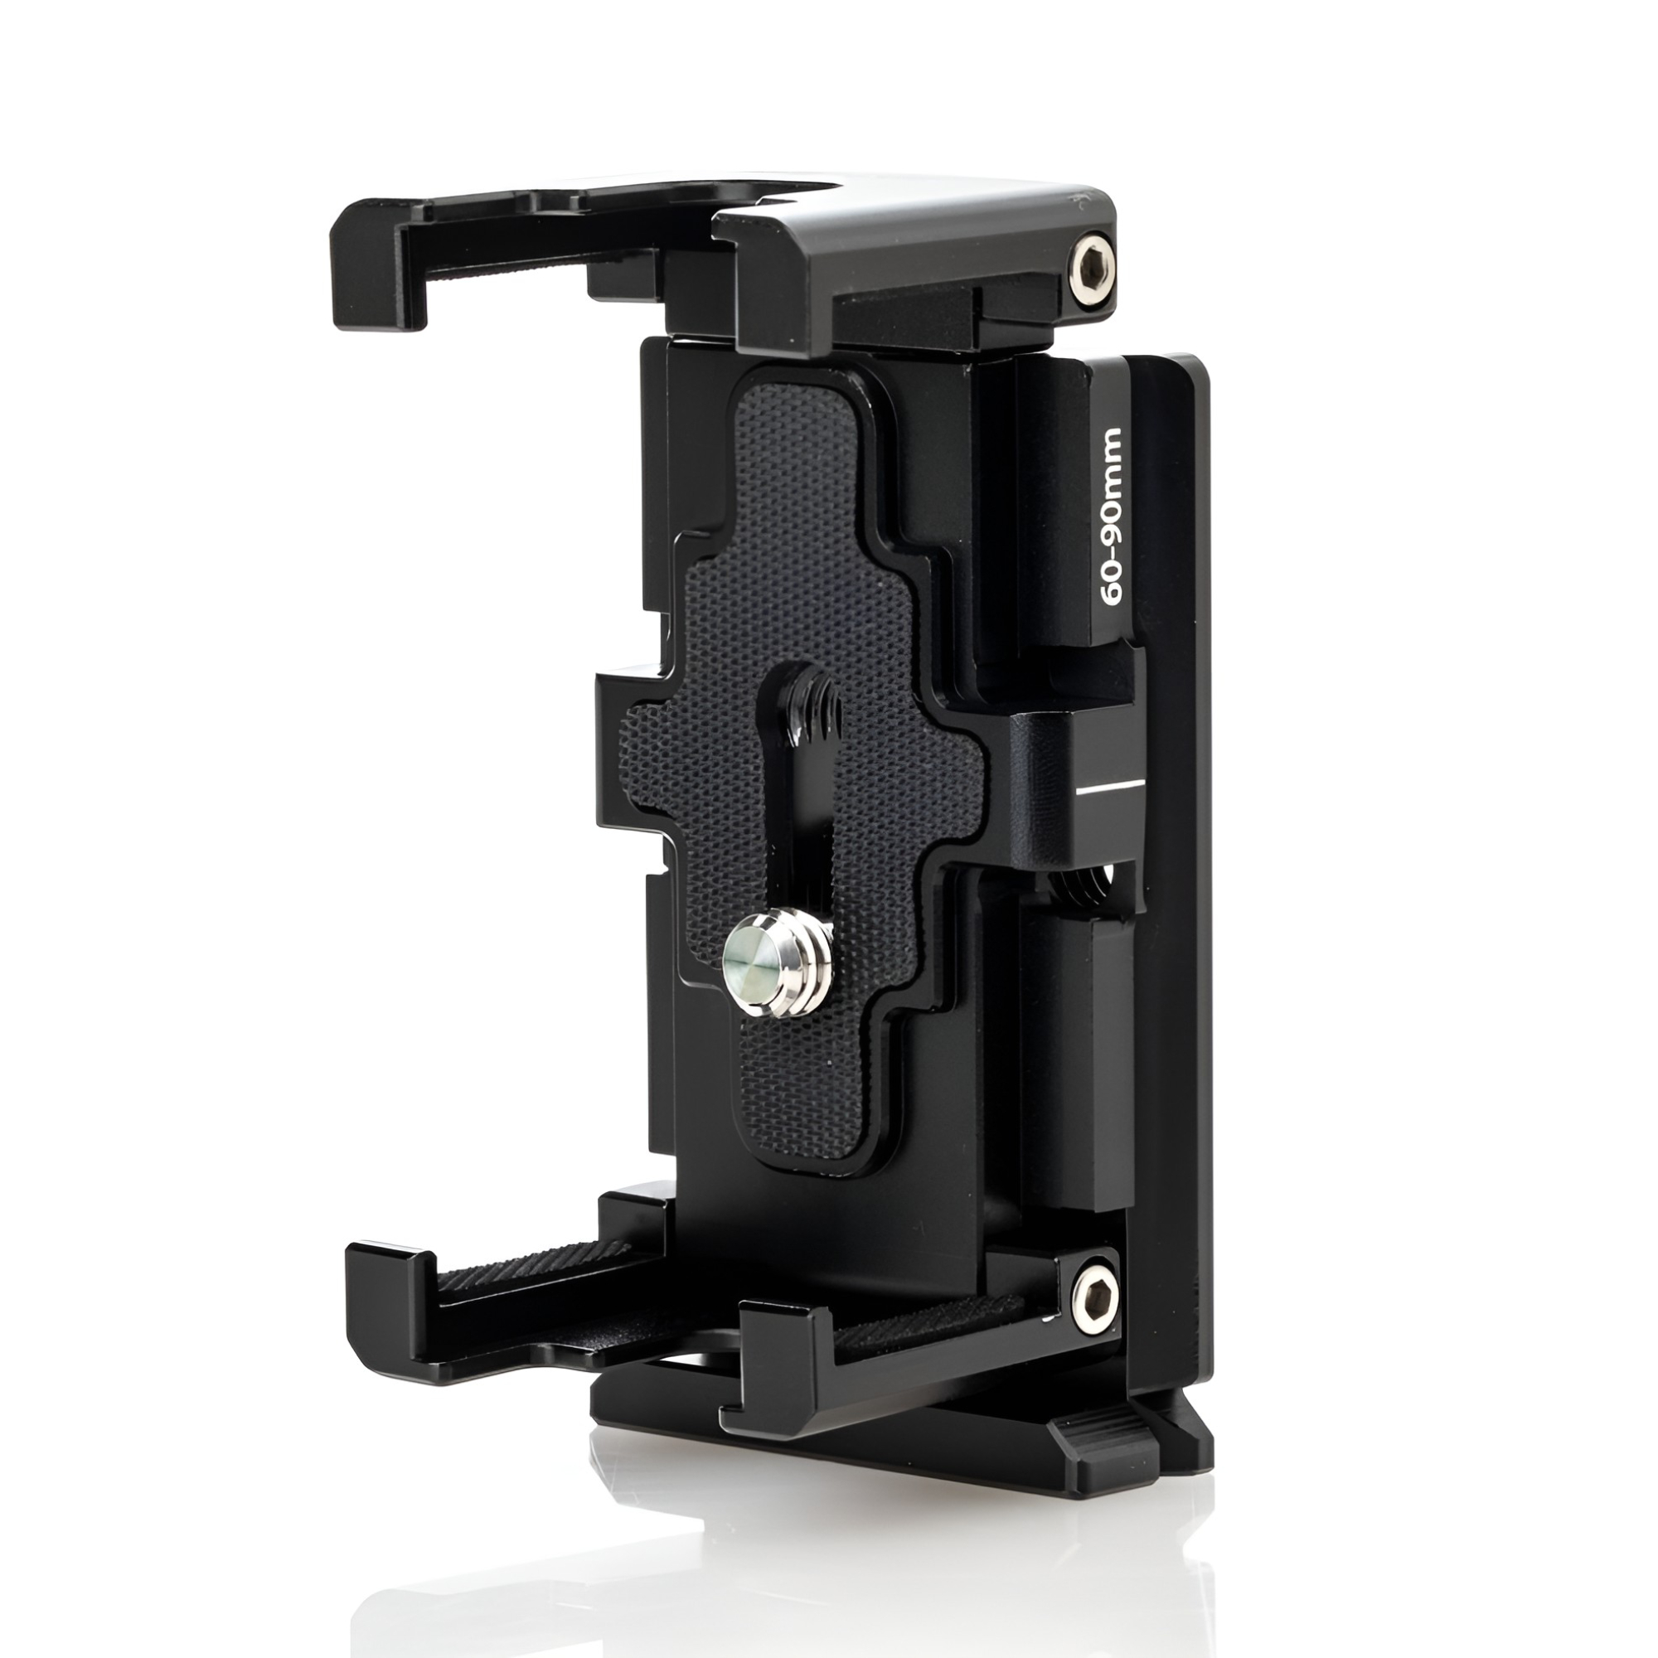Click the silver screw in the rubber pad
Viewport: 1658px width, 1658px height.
click(x=778, y=964)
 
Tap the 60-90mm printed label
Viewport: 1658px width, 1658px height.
click(x=1112, y=516)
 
